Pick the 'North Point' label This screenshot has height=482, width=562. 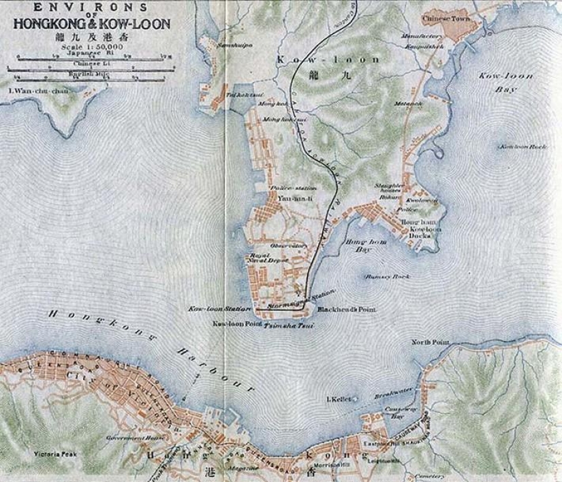click(428, 342)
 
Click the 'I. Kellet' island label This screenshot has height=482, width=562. click(339, 399)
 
